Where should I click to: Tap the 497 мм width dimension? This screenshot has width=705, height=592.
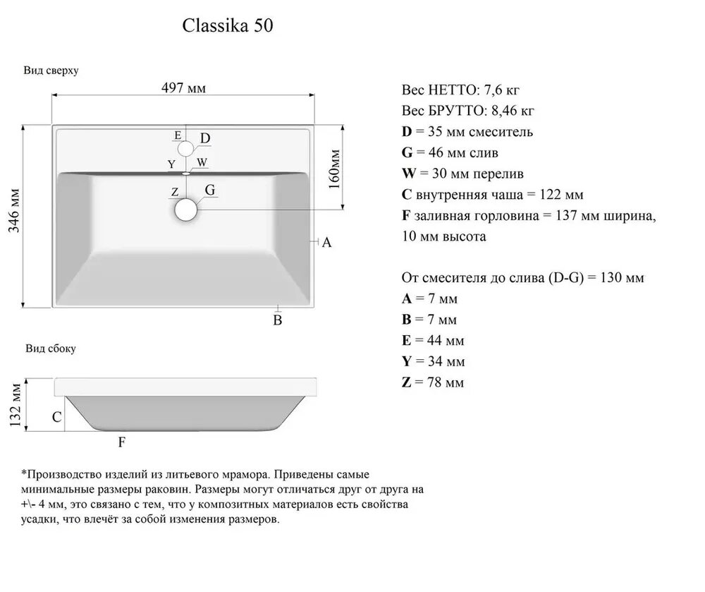click(183, 88)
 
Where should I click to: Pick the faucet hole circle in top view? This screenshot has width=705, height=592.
click(185, 148)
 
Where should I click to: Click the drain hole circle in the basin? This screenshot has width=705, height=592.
click(186, 210)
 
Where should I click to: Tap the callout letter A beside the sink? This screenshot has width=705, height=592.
click(326, 243)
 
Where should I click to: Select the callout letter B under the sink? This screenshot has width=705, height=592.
click(278, 321)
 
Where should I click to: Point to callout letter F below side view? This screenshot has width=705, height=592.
click(121, 442)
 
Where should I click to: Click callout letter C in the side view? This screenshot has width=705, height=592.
click(56, 417)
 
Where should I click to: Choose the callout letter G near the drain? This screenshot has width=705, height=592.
click(209, 190)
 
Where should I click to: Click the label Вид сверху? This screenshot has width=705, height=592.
click(51, 71)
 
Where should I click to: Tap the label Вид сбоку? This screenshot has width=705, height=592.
click(51, 349)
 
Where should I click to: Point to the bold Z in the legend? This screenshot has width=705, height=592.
click(405, 383)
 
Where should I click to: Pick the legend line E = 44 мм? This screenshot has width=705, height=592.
click(433, 341)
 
